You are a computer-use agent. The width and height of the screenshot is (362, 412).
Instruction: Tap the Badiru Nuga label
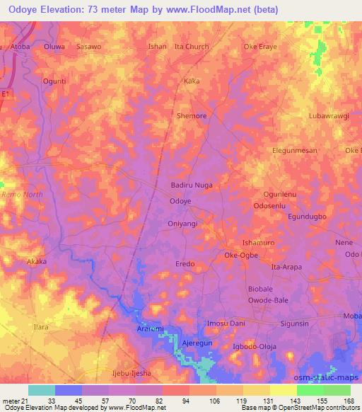click(192, 185)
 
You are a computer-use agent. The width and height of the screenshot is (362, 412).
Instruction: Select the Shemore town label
click(191, 115)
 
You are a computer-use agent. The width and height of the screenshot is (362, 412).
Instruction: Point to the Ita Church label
click(192, 47)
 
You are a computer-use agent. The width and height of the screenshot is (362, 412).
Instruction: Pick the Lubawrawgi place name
click(329, 115)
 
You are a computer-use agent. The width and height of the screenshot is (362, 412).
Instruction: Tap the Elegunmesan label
click(296, 150)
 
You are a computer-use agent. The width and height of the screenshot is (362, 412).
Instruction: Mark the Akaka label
click(36, 261)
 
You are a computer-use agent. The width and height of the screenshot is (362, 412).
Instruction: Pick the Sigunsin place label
click(294, 323)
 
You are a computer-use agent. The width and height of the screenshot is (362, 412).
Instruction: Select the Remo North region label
click(23, 194)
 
